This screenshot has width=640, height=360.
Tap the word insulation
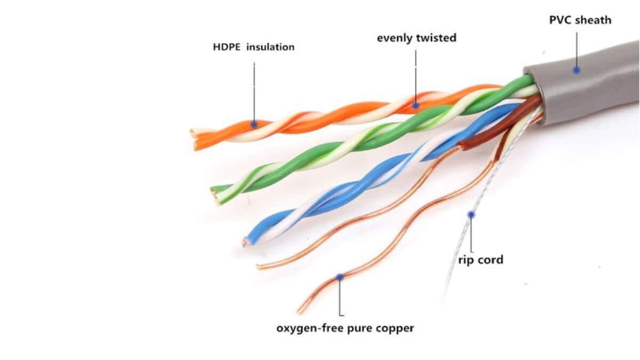270,47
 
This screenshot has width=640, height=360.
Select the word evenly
395,38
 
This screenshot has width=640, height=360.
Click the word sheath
594,20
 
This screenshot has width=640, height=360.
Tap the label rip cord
481,260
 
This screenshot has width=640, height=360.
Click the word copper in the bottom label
395,328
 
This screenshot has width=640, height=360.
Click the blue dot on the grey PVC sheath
576,69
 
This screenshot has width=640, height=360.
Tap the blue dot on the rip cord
471,214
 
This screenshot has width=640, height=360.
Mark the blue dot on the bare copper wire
340,277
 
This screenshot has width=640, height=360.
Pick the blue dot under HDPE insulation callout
254,124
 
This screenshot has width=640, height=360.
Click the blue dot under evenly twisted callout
415,105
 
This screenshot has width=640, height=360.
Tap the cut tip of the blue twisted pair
246,243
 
